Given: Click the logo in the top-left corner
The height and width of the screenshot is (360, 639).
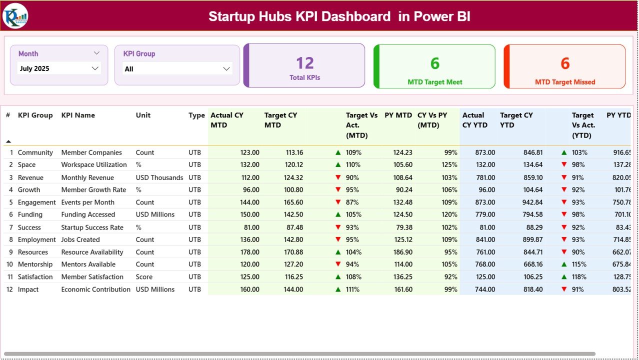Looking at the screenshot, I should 15,16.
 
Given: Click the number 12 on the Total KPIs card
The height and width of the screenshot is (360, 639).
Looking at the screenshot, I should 304,63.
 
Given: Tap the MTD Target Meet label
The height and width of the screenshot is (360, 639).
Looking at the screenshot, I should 434,82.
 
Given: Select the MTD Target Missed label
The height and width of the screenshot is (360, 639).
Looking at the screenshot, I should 565,82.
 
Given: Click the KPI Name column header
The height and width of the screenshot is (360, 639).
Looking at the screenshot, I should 78,115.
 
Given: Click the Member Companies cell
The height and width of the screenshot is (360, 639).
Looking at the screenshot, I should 91,152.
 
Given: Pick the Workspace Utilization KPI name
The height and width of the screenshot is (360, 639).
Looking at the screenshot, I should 94,164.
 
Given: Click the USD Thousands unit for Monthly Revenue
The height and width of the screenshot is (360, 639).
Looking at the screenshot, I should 159,177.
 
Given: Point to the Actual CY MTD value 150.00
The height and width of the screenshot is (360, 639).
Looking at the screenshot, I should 249,214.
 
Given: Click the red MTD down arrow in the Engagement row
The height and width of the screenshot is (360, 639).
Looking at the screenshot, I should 338,202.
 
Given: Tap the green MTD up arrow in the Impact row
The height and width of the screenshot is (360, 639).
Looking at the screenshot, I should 338,289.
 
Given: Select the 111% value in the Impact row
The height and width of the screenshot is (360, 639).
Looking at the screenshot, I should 352,289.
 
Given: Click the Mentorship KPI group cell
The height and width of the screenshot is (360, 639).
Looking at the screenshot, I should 35,264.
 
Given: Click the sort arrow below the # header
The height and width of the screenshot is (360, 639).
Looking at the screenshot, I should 8,141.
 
